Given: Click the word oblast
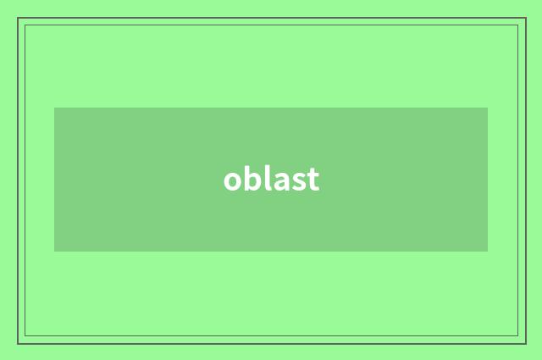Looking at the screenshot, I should (x=271, y=179).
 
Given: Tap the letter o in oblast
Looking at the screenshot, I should (x=232, y=180).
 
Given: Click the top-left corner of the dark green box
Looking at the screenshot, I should (x=54, y=108).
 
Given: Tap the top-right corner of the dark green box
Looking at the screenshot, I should (x=488, y=108).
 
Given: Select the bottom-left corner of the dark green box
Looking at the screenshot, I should (x=54, y=252).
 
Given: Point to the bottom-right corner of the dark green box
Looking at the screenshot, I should (x=488, y=252).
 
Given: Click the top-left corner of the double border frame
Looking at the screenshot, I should (x=18, y=18).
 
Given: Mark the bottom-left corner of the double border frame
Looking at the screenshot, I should (x=18, y=343).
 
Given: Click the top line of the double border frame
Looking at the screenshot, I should (x=271, y=18).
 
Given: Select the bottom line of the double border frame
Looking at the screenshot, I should (x=271, y=343).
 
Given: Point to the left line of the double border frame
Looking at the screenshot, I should (x=18, y=180).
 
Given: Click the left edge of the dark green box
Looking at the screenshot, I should (x=54, y=180).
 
